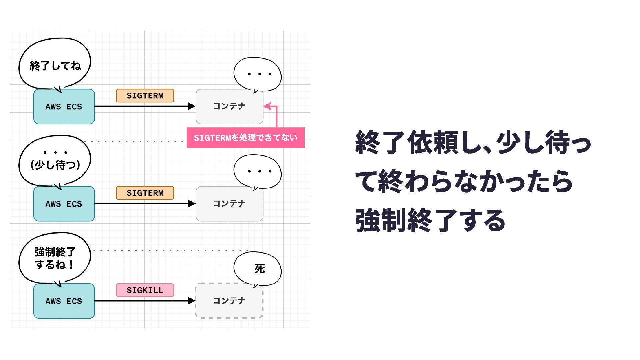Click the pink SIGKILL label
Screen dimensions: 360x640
coord(145,290)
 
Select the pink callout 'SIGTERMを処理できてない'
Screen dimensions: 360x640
coord(246,138)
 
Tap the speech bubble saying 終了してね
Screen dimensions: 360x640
coord(55,65)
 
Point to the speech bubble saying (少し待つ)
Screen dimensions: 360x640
coord(55,162)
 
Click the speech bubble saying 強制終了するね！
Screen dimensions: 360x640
coord(55,258)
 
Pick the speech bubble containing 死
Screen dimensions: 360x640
coord(258,269)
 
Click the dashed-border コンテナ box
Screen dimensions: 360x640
coord(229,301)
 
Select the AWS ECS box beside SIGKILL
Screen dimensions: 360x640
coord(64,301)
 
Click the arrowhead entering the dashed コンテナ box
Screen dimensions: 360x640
coord(191,301)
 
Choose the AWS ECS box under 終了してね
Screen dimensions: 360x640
coord(64,107)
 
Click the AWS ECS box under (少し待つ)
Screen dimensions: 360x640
coord(64,204)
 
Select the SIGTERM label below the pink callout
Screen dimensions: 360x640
coord(145,193)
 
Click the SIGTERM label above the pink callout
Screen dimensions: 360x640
coord(145,96)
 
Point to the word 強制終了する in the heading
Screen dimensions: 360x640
coord(430,220)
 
